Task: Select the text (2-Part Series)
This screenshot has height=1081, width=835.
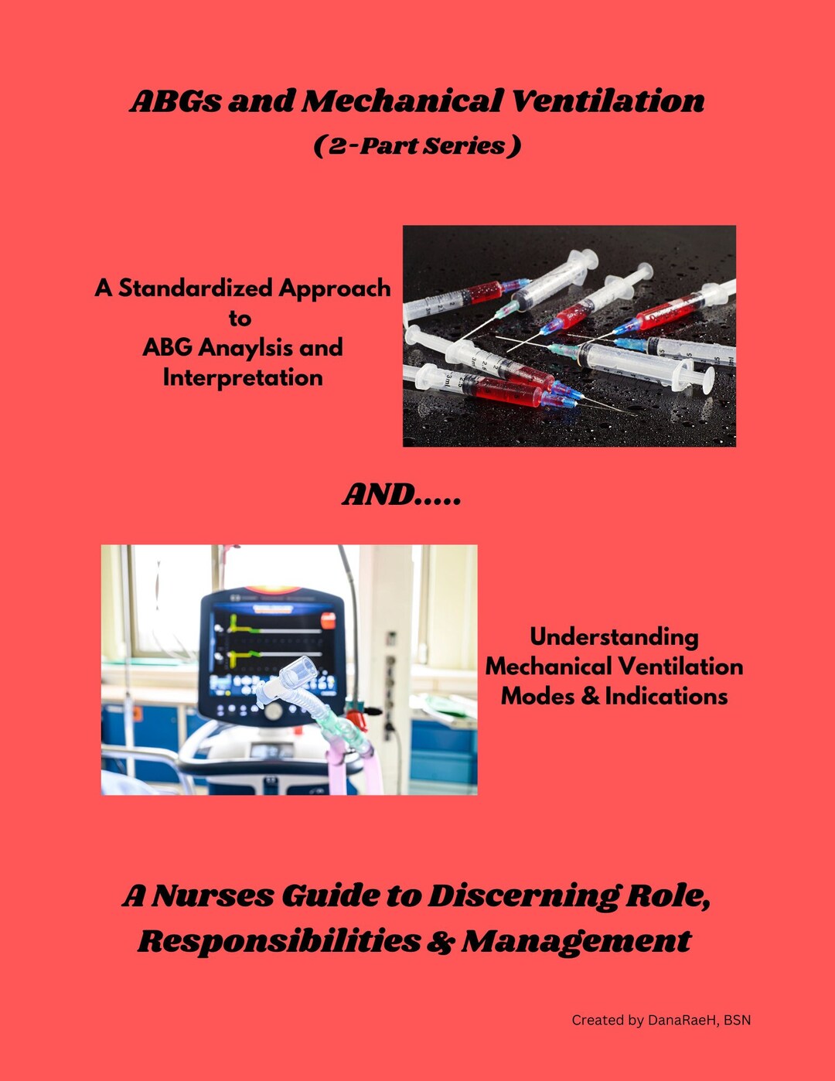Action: [417, 145]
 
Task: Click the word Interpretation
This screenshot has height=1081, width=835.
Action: [243, 377]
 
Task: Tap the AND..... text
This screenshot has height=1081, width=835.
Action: [402, 495]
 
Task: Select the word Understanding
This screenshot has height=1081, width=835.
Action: [614, 636]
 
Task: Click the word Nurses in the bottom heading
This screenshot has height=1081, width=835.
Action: [213, 896]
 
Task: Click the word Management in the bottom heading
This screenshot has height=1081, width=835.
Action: [576, 941]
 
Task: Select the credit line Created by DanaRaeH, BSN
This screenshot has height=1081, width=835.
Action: [661, 1020]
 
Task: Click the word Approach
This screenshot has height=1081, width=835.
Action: [334, 288]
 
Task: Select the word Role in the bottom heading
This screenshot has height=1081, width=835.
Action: [667, 896]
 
